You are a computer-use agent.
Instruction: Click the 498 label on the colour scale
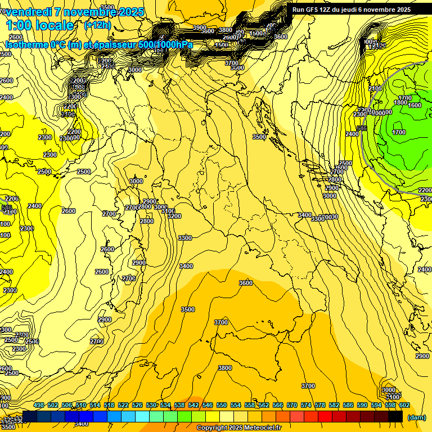[39, 405]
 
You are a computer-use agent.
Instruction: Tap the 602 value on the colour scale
[404, 405]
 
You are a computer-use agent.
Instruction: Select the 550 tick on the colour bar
[222, 405]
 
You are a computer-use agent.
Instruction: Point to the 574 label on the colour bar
[305, 405]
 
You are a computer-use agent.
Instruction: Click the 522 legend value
[123, 405]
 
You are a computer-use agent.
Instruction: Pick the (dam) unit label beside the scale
[416, 417]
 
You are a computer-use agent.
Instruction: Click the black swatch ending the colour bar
[395, 416]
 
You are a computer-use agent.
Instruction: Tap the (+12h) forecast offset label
[97, 25]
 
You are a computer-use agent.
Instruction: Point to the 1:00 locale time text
[40, 25]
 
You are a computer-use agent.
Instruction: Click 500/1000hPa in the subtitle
[165, 44]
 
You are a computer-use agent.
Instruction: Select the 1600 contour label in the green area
[415, 105]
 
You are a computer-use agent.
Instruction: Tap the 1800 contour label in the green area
[400, 102]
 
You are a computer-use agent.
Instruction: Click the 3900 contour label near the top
[200, 28]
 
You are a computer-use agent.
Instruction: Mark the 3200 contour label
[174, 216]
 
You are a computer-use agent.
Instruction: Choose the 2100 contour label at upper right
[375, 88]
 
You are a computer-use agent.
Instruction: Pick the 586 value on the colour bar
[348, 405]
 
